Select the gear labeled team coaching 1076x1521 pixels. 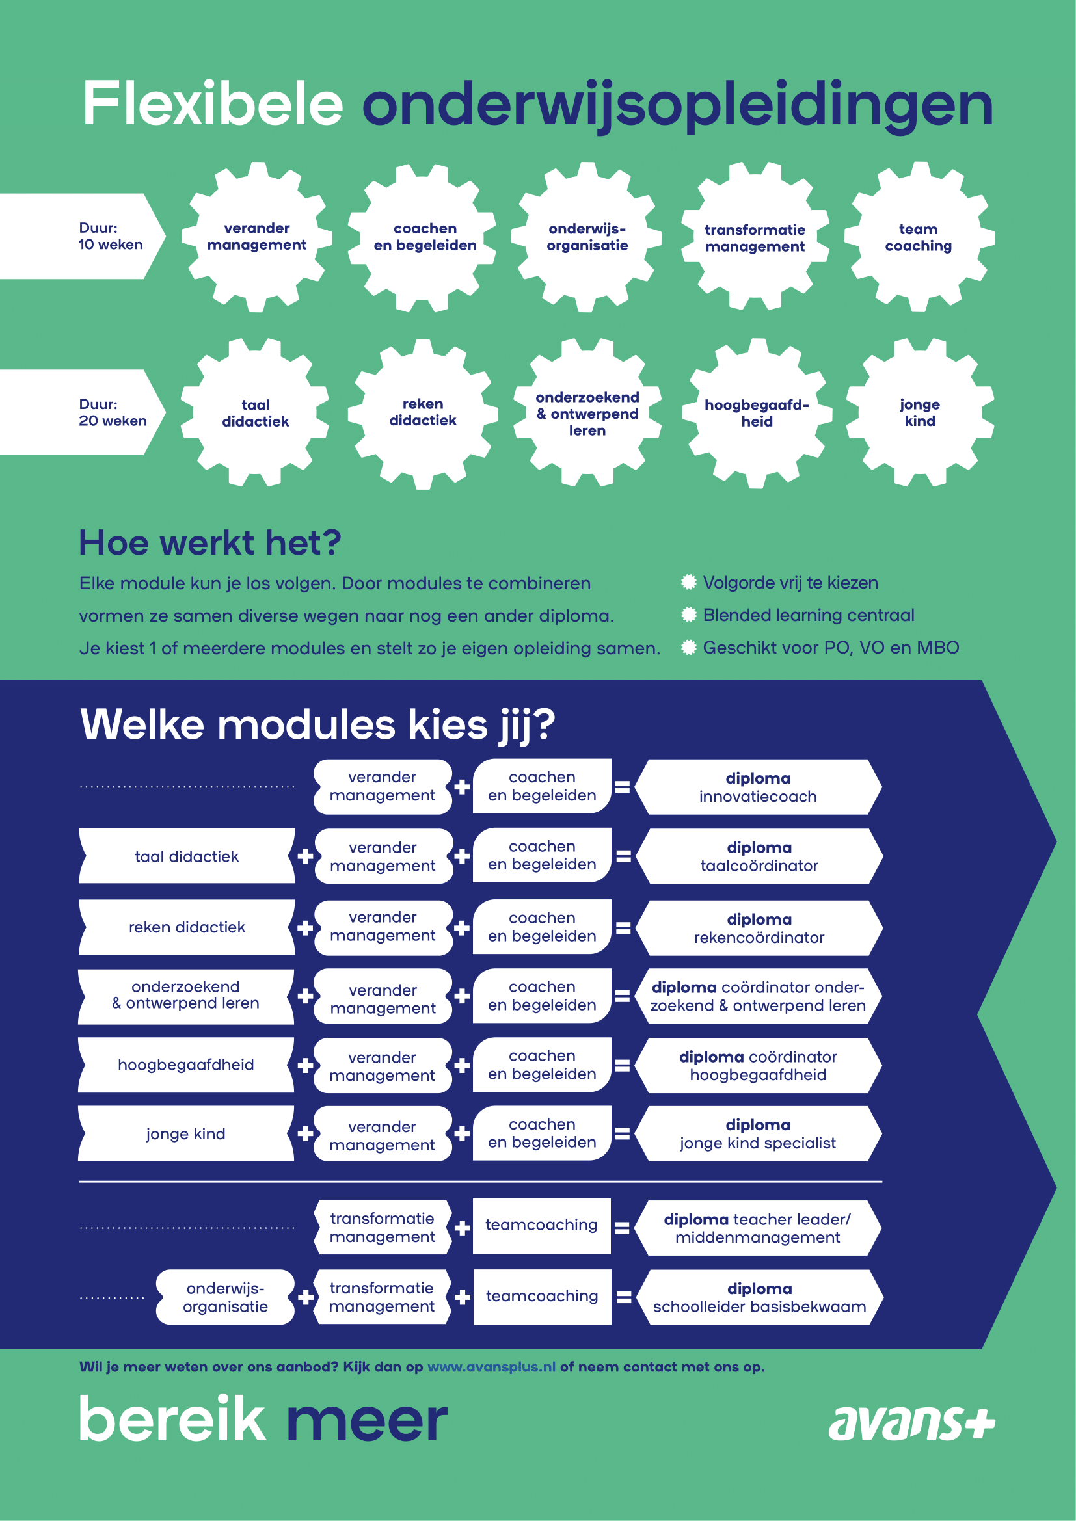[919, 237]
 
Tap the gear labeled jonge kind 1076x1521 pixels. [920, 413]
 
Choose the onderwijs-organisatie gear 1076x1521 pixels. [587, 237]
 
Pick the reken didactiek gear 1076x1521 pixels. [423, 413]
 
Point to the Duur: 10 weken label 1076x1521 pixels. [111, 236]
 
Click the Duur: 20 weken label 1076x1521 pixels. [113, 412]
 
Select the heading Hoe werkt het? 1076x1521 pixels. [210, 542]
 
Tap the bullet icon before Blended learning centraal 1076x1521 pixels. [689, 615]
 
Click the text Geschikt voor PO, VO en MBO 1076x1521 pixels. [831, 647]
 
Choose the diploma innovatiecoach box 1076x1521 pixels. [758, 787]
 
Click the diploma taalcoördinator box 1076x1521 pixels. [759, 856]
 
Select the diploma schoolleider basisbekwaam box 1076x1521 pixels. [759, 1297]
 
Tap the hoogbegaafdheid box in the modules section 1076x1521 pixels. [186, 1065]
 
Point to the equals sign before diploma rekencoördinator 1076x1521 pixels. [623, 927]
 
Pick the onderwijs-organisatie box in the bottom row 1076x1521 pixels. [225, 1297]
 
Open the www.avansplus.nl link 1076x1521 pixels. [492, 1367]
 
